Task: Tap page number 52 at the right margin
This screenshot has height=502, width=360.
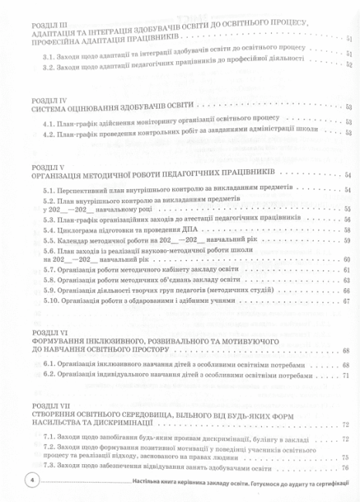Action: click(349, 66)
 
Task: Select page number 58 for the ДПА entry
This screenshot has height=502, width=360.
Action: click(348, 230)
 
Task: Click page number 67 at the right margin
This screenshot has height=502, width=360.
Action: click(348, 301)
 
